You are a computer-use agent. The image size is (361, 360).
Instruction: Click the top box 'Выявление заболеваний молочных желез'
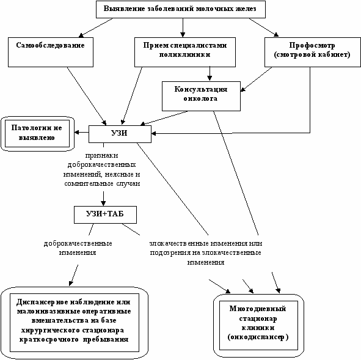click(x=181, y=9)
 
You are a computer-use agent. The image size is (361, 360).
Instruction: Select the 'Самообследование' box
click(x=51, y=53)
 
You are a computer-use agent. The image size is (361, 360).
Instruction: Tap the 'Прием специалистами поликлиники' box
click(x=185, y=53)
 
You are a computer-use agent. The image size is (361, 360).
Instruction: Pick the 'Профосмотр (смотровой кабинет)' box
click(x=312, y=53)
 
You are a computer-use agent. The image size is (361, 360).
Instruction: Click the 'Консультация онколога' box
click(x=201, y=96)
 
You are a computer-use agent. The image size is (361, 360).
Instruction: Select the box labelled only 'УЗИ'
click(x=120, y=134)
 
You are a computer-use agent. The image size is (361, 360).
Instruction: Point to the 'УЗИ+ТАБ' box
click(x=105, y=215)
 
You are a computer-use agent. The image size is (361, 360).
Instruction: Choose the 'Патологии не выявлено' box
click(x=37, y=134)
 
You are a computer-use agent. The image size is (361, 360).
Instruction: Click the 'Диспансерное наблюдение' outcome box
click(x=75, y=323)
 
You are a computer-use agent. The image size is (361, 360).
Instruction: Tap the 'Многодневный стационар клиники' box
click(x=258, y=325)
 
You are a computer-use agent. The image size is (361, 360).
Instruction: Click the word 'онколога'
click(x=200, y=98)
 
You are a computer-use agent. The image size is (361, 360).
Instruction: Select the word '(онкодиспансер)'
click(x=258, y=337)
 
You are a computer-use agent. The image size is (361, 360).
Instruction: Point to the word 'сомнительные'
click(x=89, y=184)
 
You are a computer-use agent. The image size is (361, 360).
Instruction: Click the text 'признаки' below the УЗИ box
click(x=101, y=156)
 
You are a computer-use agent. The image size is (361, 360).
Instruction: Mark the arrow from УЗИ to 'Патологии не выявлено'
click(x=82, y=133)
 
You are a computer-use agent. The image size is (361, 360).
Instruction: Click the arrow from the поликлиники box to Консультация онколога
click(x=210, y=74)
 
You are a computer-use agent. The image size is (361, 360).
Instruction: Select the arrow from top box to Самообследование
click(x=95, y=28)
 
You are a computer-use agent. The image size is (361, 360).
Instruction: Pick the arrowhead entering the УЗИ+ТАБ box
click(x=103, y=204)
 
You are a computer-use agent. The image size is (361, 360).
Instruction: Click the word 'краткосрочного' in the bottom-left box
click(x=49, y=340)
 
